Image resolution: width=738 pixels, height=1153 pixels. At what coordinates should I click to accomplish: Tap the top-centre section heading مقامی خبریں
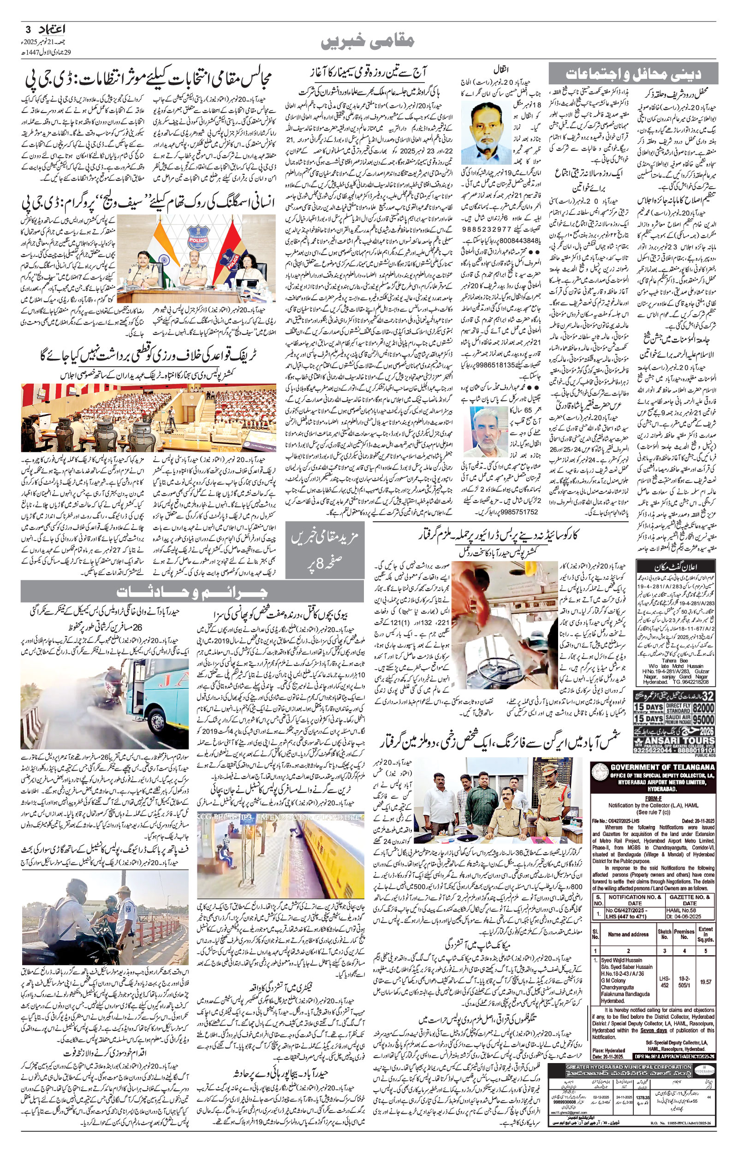[369, 42]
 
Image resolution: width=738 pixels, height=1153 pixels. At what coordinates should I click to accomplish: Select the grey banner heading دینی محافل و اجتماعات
[634, 73]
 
